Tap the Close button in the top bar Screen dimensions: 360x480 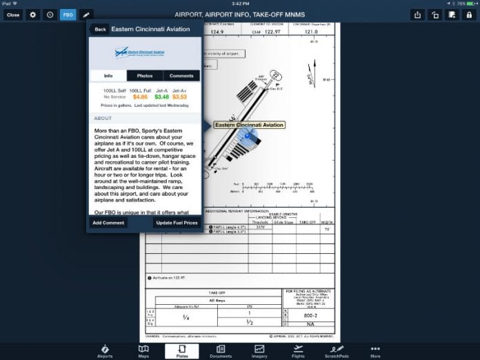click(13, 14)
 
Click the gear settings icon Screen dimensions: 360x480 click(32, 14)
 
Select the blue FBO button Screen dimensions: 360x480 click(68, 14)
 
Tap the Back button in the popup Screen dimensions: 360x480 click(100, 30)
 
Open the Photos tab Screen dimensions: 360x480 click(145, 75)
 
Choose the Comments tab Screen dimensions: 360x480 click(181, 75)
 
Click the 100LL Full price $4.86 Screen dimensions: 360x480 click(140, 97)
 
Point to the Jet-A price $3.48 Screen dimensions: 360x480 click(161, 97)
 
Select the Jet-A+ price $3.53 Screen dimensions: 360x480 click(179, 97)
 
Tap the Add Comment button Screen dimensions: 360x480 click(108, 223)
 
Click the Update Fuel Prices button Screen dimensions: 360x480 click(176, 223)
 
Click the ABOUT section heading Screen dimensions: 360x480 click(103, 119)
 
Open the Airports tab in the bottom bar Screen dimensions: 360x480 click(105, 351)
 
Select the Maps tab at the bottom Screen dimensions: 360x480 click(143, 351)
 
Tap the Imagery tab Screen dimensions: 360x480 click(259, 351)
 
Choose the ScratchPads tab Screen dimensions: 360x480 click(337, 351)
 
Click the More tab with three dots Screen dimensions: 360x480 click(375, 351)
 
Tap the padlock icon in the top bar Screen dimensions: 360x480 click(468, 14)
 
